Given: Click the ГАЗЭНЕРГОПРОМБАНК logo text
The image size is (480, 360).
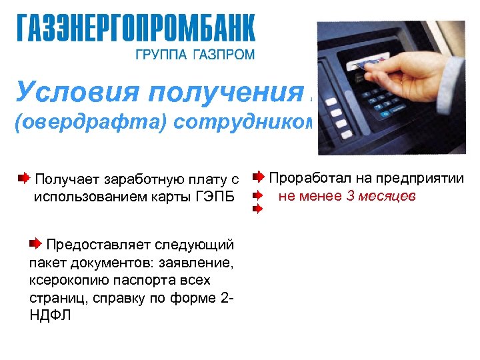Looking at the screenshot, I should click(x=136, y=28).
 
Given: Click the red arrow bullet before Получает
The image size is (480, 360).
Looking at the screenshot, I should click(x=23, y=178).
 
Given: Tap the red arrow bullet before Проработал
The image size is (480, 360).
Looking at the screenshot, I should click(x=259, y=177).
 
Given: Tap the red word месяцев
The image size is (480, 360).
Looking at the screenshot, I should click(x=387, y=196).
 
